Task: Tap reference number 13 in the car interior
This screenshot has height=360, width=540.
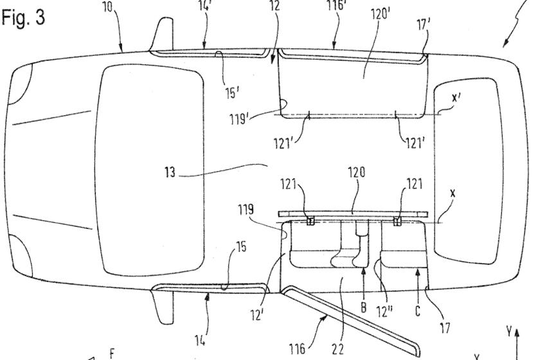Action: pyautogui.click(x=170, y=172)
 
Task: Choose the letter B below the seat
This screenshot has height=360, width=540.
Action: pyautogui.click(x=363, y=307)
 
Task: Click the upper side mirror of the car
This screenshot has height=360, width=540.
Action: pyautogui.click(x=161, y=36)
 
